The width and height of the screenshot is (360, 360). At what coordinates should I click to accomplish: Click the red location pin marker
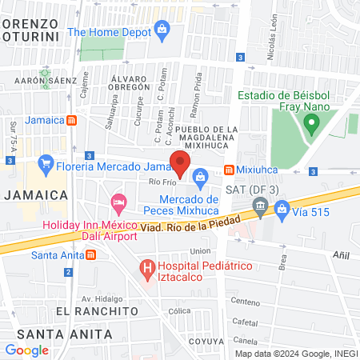coord(180,162)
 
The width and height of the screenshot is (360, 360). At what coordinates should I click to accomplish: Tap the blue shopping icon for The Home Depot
coord(162,32)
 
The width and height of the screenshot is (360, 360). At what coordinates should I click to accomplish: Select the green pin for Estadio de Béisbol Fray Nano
coord(311,123)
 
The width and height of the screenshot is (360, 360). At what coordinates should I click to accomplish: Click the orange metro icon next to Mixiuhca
coord(229,170)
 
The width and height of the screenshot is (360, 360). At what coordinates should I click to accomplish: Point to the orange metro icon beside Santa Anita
coord(90,256)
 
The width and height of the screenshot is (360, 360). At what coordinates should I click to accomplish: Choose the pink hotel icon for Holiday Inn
coord(118,201)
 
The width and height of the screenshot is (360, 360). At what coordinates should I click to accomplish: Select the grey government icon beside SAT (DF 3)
coord(259,208)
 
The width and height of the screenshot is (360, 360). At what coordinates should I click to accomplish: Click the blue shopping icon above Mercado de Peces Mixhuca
coord(200,176)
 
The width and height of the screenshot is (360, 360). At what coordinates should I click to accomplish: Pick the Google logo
coord(27,350)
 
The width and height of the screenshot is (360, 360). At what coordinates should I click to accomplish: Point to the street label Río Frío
coord(162,182)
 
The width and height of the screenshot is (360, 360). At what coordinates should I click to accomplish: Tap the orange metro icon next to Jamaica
coord(72,120)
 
